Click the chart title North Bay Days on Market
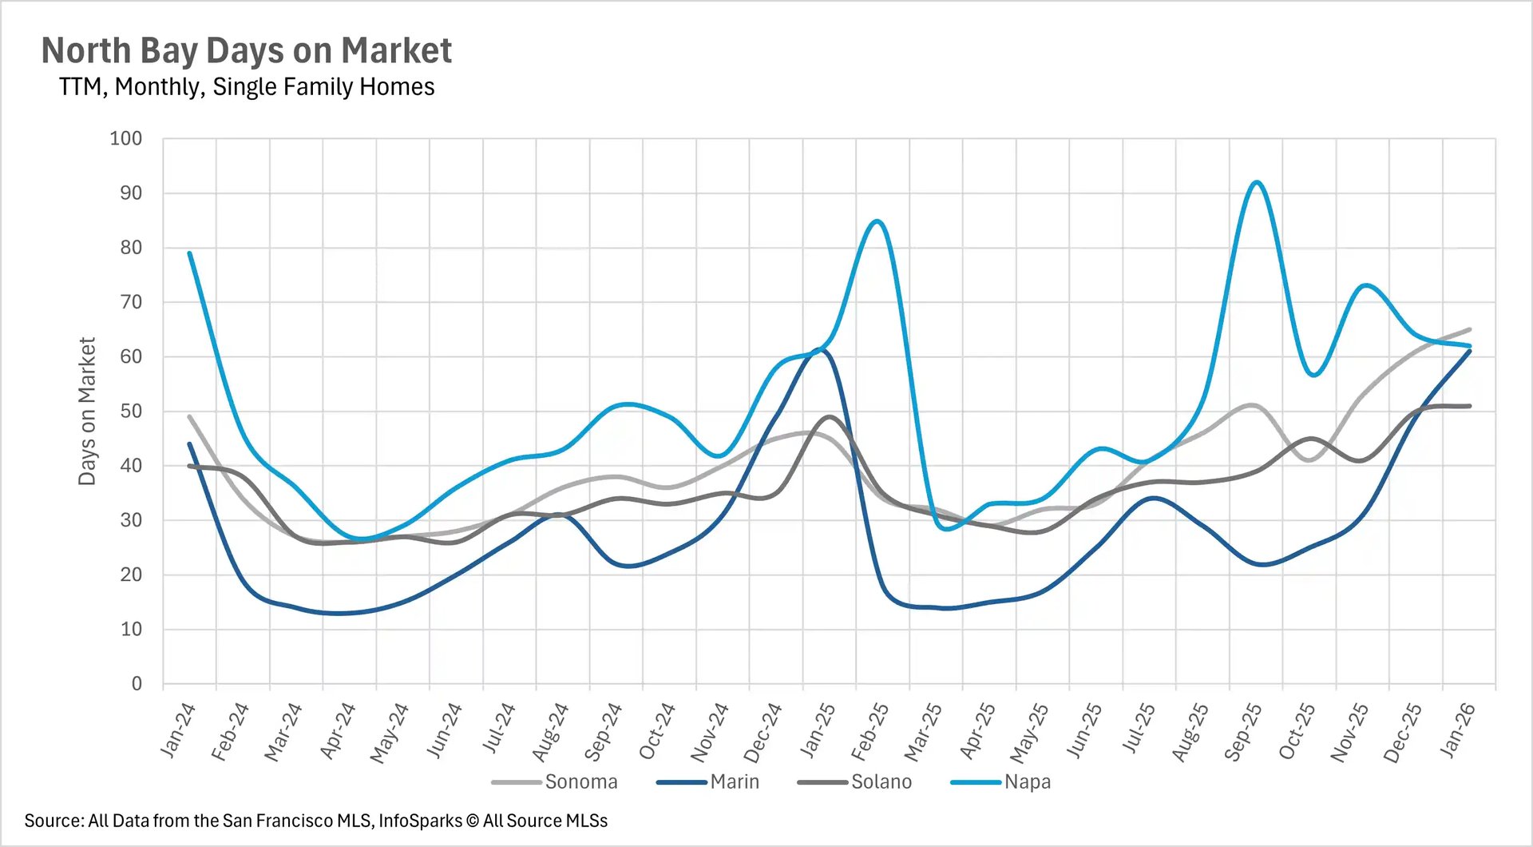[246, 50]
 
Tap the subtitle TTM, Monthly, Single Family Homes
[246, 86]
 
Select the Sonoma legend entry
[580, 781]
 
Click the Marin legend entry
[734, 781]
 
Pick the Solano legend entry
[881, 781]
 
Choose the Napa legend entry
[1027, 781]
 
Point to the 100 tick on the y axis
[126, 138]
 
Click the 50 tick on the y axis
[131, 411]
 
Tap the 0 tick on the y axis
[137, 683]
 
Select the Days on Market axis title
[87, 411]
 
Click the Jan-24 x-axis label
[178, 730]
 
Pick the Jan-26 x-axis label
[1456, 730]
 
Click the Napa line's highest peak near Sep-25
[1257, 182]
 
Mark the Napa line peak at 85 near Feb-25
[877, 221]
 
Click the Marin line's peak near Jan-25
[822, 349]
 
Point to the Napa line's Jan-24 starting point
[189, 253]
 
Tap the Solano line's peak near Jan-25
[829, 416]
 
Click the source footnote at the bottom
[315, 821]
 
